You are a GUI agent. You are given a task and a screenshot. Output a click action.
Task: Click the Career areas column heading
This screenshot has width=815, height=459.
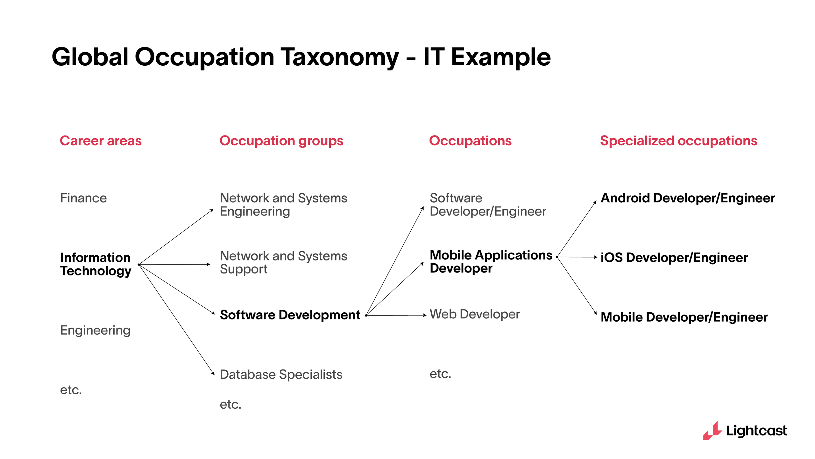(x=101, y=141)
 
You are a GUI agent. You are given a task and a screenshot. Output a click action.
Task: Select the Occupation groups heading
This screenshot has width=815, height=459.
(x=281, y=141)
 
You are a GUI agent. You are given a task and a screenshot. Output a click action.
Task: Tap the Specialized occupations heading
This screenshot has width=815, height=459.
(x=678, y=141)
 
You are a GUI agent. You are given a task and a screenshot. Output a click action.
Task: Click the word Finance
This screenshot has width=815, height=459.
(x=83, y=198)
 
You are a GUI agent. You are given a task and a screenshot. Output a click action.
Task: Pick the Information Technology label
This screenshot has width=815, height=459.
(x=96, y=264)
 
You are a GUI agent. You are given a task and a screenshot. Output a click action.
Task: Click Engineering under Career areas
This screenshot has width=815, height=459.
(x=95, y=330)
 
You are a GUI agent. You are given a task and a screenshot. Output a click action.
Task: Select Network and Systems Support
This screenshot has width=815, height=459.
(x=283, y=262)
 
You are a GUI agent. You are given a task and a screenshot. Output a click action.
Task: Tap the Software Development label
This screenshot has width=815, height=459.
(x=290, y=315)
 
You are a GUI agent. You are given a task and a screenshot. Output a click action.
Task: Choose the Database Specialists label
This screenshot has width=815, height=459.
(x=281, y=374)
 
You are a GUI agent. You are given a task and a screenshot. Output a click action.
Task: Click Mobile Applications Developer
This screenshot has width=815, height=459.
(x=491, y=262)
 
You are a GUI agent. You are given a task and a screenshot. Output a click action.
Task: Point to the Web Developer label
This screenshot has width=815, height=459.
(x=474, y=314)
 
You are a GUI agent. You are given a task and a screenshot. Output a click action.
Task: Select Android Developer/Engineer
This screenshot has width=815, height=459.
(x=687, y=198)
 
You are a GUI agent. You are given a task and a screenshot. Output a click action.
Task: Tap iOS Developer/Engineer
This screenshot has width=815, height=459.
(x=674, y=258)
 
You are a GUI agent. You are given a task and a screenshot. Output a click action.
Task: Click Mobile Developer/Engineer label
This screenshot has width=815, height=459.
(x=684, y=317)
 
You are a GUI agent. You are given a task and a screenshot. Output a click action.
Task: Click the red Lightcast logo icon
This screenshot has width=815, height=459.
(x=712, y=431)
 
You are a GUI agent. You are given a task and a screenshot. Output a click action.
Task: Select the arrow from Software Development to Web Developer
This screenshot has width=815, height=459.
(x=396, y=315)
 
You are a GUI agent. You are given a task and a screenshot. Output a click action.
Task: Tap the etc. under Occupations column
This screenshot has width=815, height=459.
(x=440, y=374)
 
